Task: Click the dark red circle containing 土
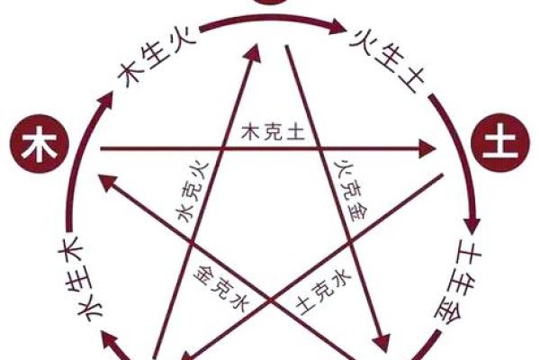(493, 143)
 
